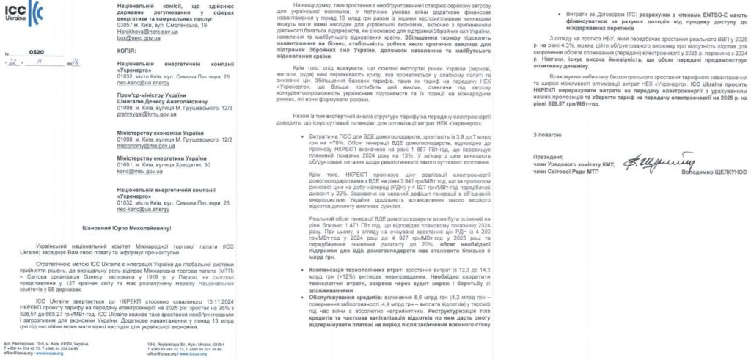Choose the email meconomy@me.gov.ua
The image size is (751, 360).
pyautogui.click(x=122, y=147)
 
